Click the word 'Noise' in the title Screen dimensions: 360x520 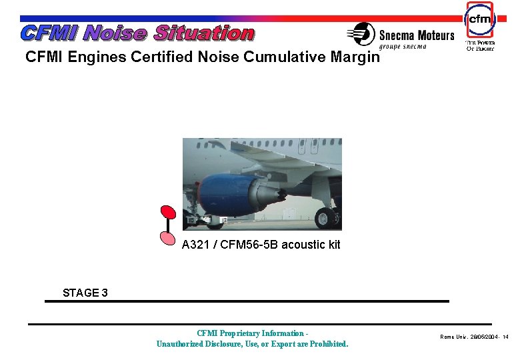coord(117,33)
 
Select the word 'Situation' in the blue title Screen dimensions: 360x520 coord(205,33)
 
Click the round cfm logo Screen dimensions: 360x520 coord(480,20)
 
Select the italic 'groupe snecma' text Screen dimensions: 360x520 coord(403,47)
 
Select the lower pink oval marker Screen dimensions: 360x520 coord(168,236)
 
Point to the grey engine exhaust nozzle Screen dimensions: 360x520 coord(265,195)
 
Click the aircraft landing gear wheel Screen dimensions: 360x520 coord(325,217)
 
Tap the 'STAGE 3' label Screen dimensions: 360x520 coord(85,293)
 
